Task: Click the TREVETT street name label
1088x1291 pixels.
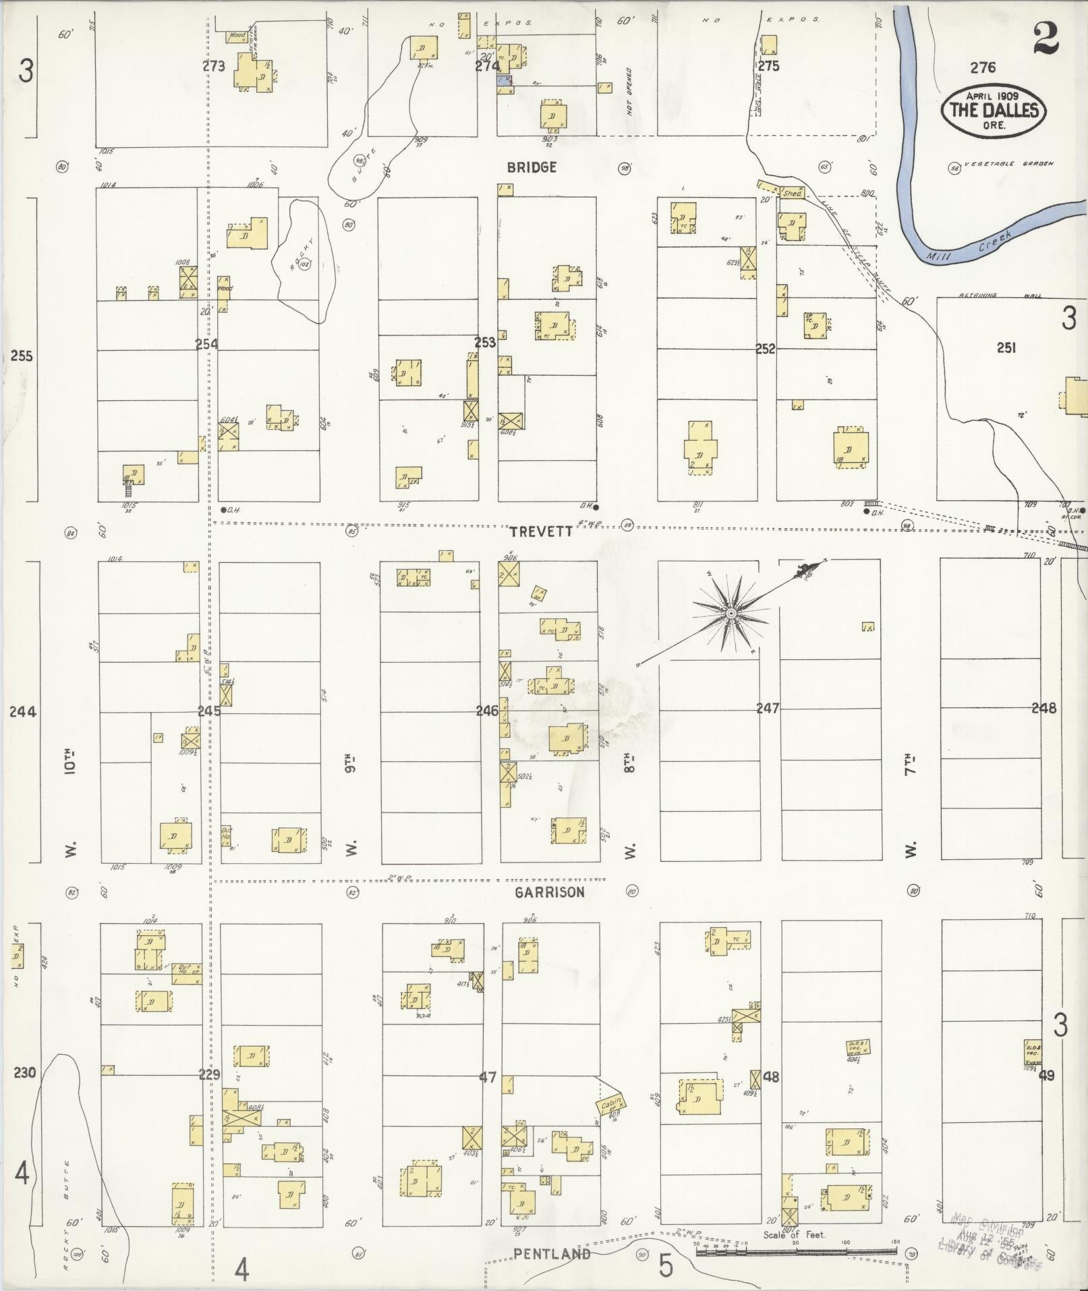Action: pyautogui.click(x=540, y=531)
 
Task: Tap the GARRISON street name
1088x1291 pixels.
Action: pyautogui.click(x=549, y=891)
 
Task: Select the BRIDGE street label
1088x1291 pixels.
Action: pyautogui.click(x=532, y=167)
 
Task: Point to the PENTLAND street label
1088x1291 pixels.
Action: pyautogui.click(x=552, y=1254)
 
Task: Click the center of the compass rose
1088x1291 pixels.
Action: pyautogui.click(x=731, y=613)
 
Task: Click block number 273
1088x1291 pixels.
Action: pyautogui.click(x=213, y=66)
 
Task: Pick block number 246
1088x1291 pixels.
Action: pyautogui.click(x=486, y=711)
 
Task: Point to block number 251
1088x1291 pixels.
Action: pyautogui.click(x=1006, y=348)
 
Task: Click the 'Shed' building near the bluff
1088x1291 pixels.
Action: pyautogui.click(x=792, y=193)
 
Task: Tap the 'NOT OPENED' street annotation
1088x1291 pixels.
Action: pyautogui.click(x=629, y=92)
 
